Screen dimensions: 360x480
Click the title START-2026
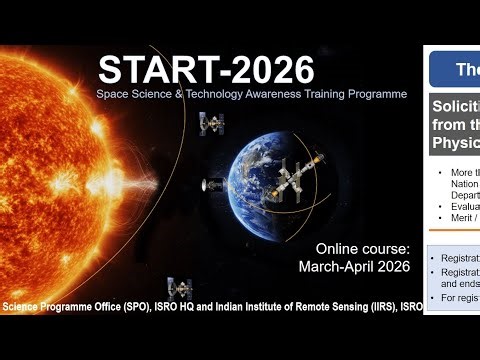[206, 69]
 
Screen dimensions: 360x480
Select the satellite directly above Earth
[212, 123]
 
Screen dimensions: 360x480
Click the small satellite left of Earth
[213, 186]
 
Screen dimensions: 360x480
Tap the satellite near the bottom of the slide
[181, 288]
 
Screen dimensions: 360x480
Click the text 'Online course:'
[363, 248]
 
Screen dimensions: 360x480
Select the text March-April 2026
[355, 267]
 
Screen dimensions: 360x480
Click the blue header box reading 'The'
[455, 69]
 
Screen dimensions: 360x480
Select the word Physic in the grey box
[456, 142]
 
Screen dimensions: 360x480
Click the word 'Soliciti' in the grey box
[456, 107]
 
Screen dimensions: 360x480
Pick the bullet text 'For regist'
[458, 297]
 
